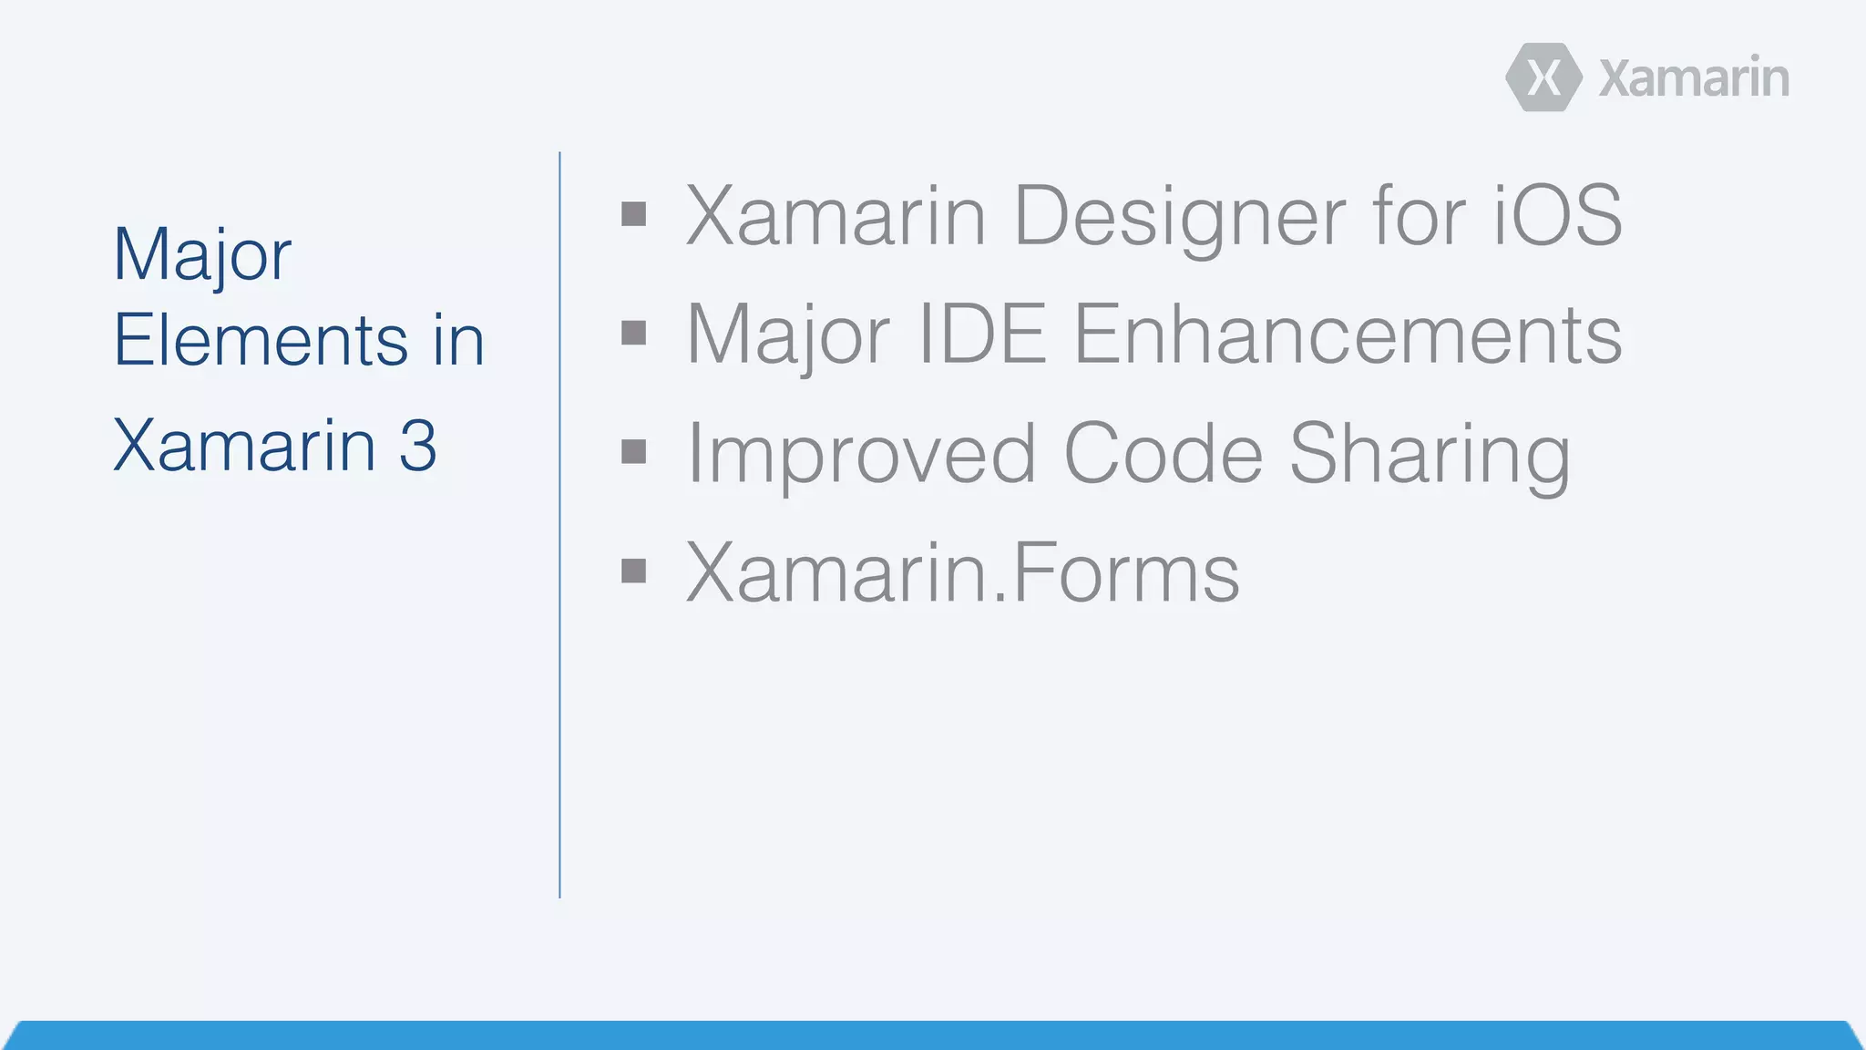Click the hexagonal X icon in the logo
(x=1543, y=77)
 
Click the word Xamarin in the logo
(x=1694, y=78)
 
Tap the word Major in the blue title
(x=202, y=255)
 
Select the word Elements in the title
(x=261, y=340)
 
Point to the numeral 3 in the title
(x=417, y=446)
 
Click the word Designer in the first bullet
(x=1179, y=217)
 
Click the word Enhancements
(x=1348, y=335)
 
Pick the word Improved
(x=861, y=455)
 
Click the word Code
(x=1163, y=453)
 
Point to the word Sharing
(x=1430, y=455)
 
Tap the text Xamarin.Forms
(x=962, y=572)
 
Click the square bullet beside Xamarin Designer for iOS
(x=633, y=215)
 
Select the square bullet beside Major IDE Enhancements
(x=633, y=334)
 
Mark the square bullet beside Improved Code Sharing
(x=633, y=452)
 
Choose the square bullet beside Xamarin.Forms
(x=633, y=571)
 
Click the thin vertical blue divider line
(x=559, y=524)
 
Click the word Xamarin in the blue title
(x=244, y=446)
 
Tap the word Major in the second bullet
(x=788, y=335)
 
